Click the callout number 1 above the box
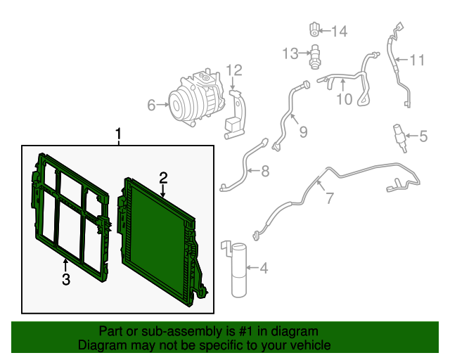tap(119, 134)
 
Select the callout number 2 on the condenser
tap(162, 178)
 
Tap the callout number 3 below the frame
tap(65, 281)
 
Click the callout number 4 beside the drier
tap(264, 268)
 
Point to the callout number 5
tap(423, 136)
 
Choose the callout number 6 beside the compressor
tap(151, 105)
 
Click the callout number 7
tap(329, 198)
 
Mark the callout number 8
tap(264, 171)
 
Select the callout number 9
tap(303, 131)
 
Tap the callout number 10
tap(343, 99)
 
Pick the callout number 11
tap(417, 60)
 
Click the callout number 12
tap(233, 70)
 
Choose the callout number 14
tap(339, 31)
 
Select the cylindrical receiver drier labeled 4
tap(240, 270)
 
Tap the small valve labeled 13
tap(316, 55)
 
